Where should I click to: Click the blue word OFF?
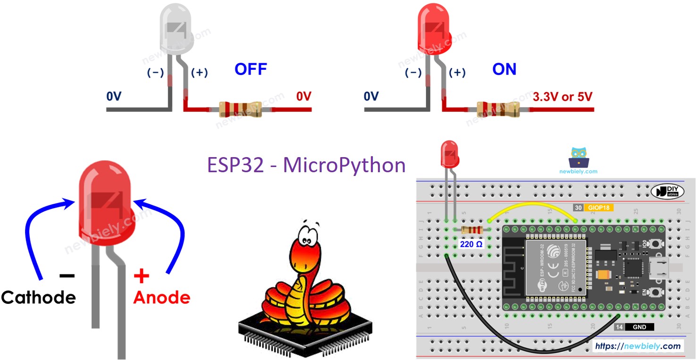click(x=251, y=70)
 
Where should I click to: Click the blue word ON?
click(x=504, y=70)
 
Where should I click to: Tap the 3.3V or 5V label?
click(x=562, y=97)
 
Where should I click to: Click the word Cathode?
click(x=38, y=297)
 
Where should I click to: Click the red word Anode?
click(x=162, y=297)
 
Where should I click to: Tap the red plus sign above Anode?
click(x=141, y=276)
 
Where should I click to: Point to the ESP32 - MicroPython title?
click(x=306, y=165)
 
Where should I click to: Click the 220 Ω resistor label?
click(x=471, y=244)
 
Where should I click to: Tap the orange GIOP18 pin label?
click(x=598, y=208)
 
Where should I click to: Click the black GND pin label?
click(x=639, y=327)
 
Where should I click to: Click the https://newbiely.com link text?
click(x=638, y=346)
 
